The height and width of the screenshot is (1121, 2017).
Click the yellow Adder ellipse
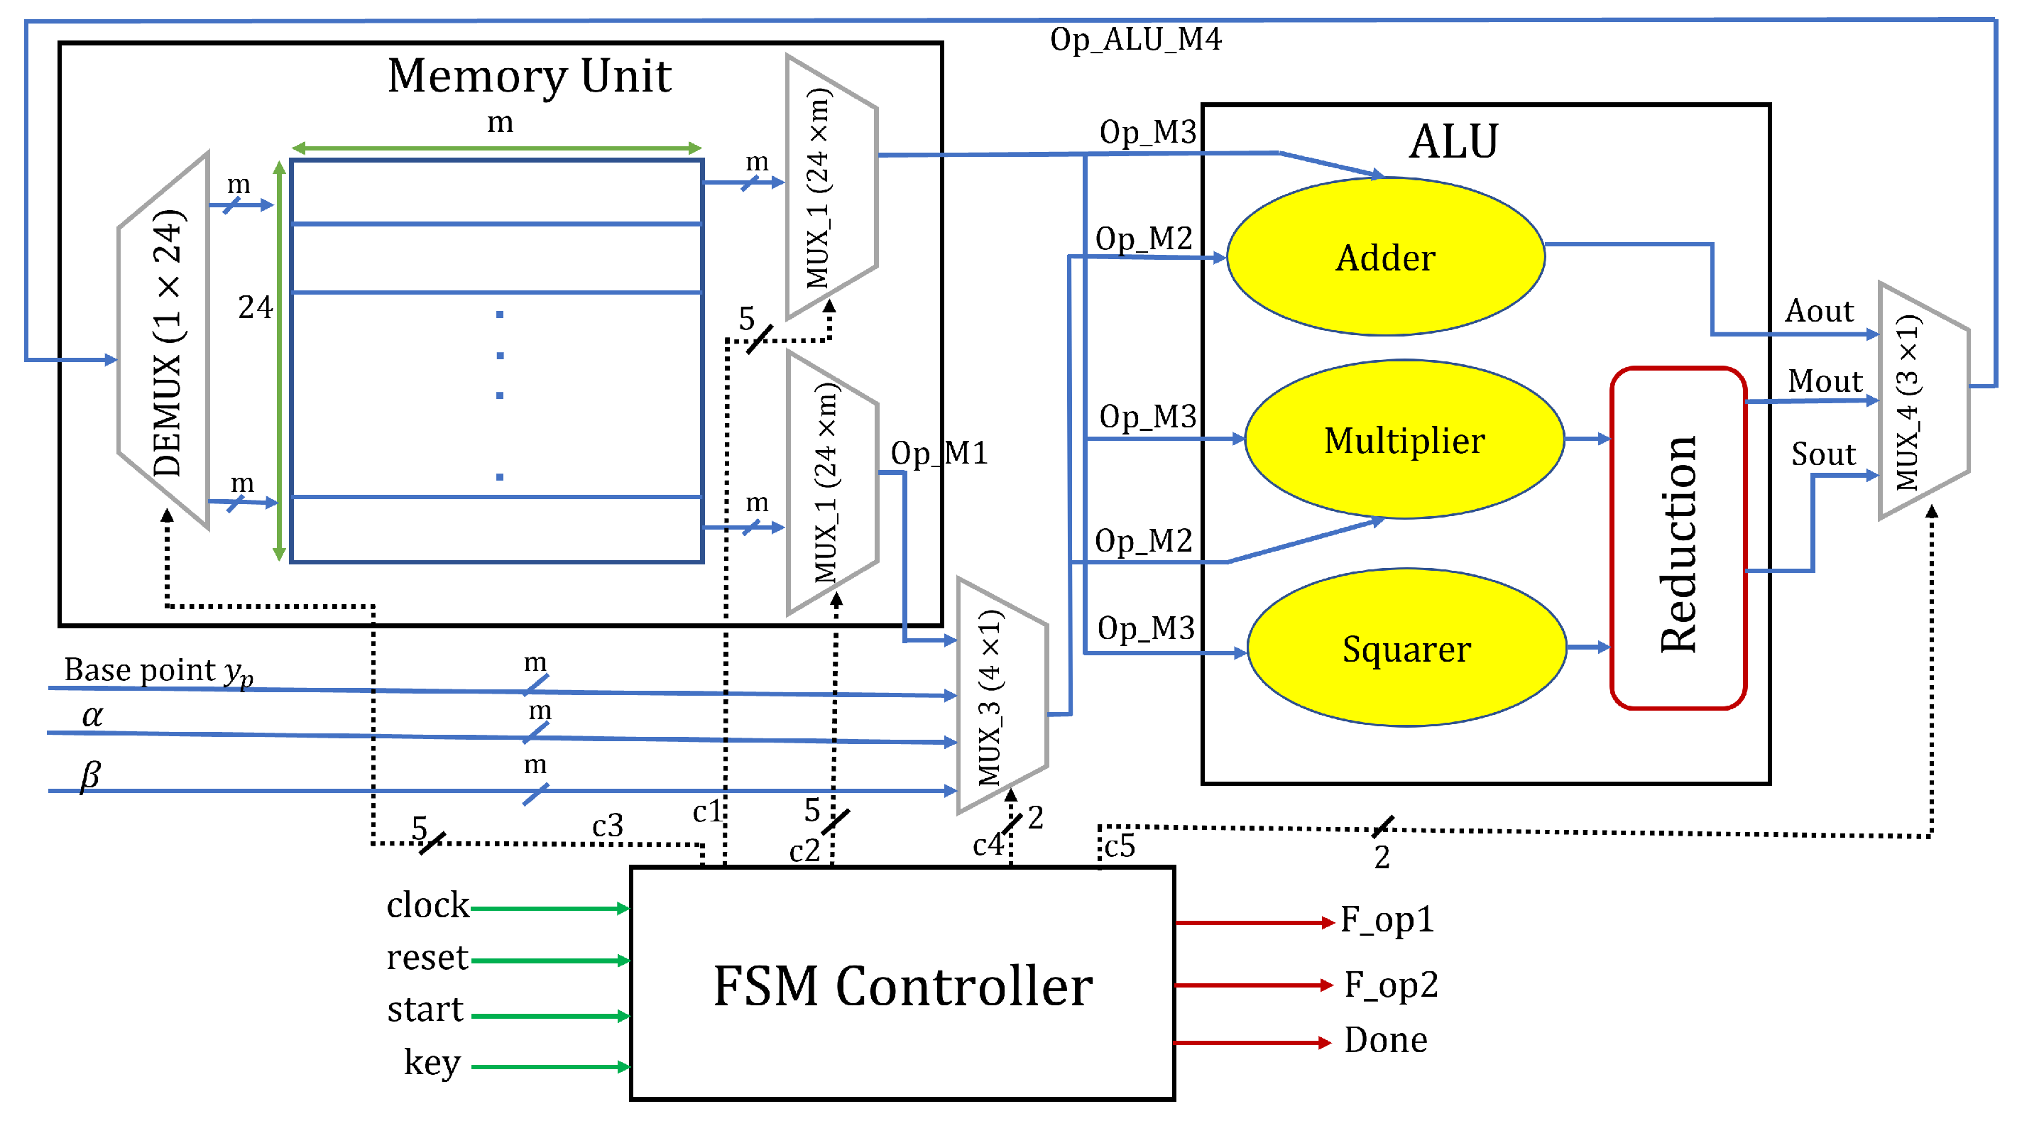1384,257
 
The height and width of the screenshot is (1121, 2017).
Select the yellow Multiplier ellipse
1403,439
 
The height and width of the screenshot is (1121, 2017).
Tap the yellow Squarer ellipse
1406,648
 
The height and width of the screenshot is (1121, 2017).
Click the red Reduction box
1677,539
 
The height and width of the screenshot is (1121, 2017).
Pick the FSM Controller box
902,983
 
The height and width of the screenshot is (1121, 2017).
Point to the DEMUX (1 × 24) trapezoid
165,341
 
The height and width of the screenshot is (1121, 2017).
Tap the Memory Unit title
530,76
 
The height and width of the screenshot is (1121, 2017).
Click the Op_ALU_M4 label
1135,39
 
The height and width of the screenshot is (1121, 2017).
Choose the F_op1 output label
1386,919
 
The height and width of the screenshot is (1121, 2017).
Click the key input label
432,1062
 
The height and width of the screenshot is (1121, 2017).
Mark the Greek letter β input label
90,775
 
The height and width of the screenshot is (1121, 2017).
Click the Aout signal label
1818,311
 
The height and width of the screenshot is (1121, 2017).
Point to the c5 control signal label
1120,846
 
